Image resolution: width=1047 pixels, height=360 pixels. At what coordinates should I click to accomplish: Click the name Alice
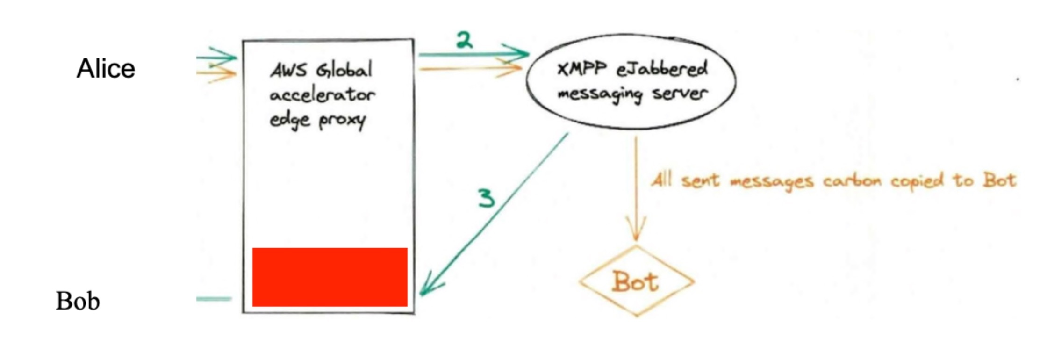click(x=106, y=69)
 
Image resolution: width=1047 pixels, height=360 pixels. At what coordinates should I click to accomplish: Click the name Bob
click(x=78, y=301)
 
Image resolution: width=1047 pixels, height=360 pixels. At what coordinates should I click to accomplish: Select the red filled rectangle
click(x=330, y=277)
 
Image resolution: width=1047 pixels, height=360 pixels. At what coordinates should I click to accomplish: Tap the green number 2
click(x=464, y=40)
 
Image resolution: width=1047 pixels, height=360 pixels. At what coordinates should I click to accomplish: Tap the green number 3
click(x=486, y=198)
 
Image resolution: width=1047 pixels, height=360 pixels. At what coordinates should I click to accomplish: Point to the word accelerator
click(x=322, y=95)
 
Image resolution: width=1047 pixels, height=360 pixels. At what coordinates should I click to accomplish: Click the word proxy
click(x=342, y=121)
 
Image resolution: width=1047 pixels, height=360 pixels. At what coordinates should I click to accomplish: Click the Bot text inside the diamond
click(x=635, y=281)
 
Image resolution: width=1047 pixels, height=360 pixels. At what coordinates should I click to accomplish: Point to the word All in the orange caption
click(x=662, y=180)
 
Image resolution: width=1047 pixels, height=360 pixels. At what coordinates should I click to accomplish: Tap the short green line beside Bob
click(x=214, y=299)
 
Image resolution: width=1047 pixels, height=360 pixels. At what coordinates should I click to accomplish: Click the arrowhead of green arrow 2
click(x=521, y=53)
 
